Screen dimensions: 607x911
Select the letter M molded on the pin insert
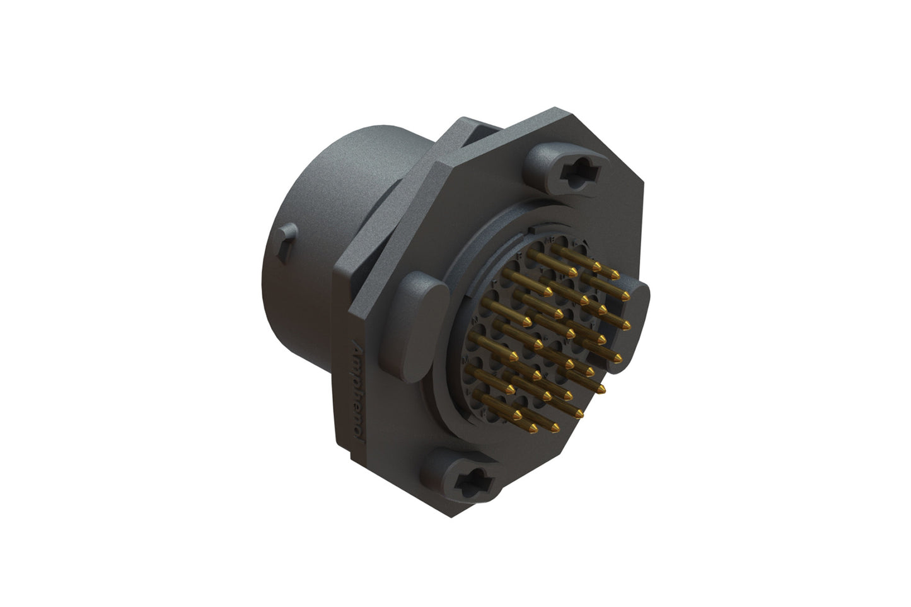tap(467, 360)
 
